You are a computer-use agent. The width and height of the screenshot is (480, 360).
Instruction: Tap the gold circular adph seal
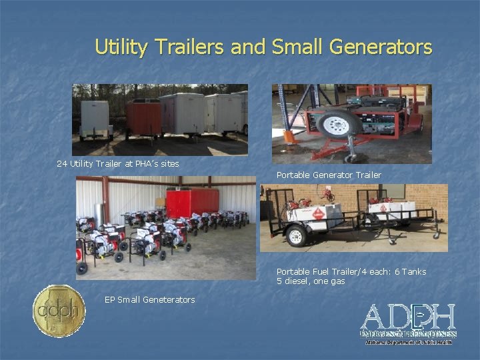(x=59, y=310)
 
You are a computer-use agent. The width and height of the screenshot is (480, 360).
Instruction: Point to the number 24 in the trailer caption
(x=62, y=163)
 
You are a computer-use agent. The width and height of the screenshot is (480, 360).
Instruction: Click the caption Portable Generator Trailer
(x=329, y=175)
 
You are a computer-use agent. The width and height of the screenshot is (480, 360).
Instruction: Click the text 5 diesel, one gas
(x=311, y=281)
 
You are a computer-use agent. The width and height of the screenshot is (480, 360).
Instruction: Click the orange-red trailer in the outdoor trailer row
(x=143, y=119)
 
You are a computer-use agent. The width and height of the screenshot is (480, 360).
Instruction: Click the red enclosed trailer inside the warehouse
(x=192, y=201)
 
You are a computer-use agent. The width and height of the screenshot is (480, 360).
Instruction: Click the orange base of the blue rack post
(x=289, y=136)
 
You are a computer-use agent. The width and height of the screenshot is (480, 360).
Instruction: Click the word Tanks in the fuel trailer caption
(x=413, y=272)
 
